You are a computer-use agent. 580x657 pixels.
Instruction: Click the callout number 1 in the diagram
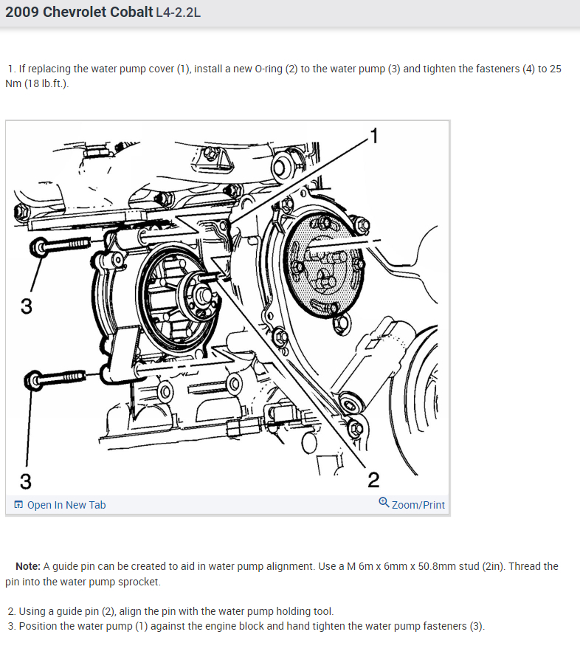point(374,136)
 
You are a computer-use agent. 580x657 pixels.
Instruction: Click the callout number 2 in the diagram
point(373,480)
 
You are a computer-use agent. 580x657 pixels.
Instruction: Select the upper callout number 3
point(27,306)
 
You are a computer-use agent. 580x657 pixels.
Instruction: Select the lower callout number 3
point(26,481)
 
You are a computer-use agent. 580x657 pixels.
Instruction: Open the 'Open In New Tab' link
point(66,505)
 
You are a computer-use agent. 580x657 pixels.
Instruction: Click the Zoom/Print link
point(418,505)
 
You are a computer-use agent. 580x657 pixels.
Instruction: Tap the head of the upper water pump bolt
point(39,247)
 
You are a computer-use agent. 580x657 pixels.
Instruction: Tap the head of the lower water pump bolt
point(33,381)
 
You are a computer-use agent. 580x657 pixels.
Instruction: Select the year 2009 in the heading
point(22,12)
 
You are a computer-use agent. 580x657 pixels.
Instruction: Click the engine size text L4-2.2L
point(179,13)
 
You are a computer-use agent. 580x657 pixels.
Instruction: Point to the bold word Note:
point(28,566)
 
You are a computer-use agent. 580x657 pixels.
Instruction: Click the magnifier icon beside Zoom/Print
point(384,502)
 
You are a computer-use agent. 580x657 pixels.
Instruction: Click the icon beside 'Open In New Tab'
point(18,504)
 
